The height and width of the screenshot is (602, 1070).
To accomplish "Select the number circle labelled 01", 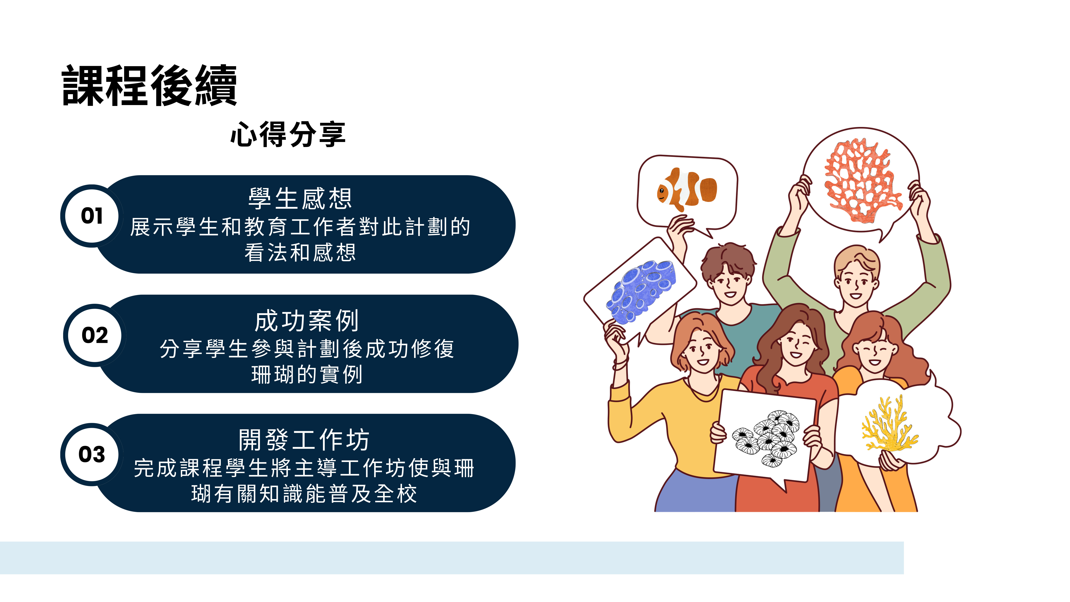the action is tap(92, 216).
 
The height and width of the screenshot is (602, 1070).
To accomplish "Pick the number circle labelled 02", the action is tap(95, 335).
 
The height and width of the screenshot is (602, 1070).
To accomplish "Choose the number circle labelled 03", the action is tap(92, 454).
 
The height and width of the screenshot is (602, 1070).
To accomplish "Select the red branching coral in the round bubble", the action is tap(862, 181).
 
